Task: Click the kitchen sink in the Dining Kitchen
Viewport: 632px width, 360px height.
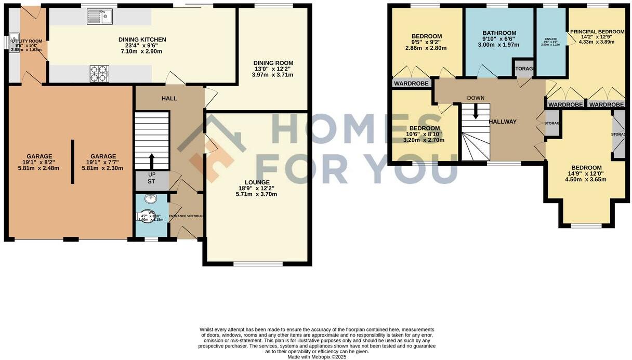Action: point(101,17)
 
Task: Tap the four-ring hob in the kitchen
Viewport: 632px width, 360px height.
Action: point(99,73)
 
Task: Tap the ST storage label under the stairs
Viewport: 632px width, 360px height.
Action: point(151,182)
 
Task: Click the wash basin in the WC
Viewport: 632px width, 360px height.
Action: point(151,198)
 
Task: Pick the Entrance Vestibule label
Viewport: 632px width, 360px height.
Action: point(187,216)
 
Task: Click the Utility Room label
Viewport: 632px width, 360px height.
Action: point(29,41)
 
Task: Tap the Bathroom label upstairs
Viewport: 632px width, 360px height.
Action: point(499,33)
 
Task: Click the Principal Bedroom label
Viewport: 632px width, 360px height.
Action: point(597,32)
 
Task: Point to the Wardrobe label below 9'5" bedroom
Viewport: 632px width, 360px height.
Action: point(412,83)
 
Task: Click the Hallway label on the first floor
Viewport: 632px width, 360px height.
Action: point(502,122)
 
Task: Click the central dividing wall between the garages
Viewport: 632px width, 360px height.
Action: point(72,161)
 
